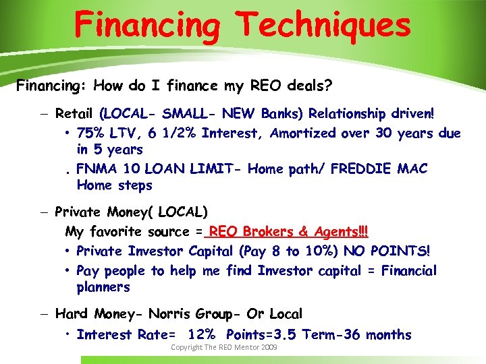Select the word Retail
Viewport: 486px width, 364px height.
pyautogui.click(x=75, y=113)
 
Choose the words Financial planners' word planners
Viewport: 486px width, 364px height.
pyautogui.click(x=103, y=287)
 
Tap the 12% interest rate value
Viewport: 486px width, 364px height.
pyautogui.click(x=200, y=334)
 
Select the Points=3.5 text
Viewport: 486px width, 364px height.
pyautogui.click(x=260, y=334)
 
